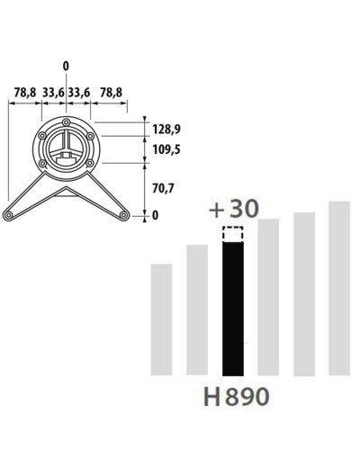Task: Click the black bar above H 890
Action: point(233,309)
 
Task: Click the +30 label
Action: point(233,209)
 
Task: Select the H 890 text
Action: point(236,396)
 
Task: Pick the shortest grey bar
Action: point(161,319)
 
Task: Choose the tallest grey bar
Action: point(339,288)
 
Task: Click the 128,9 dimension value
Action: point(166,130)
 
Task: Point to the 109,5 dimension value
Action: point(166,149)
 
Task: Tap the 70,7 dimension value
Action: point(163,188)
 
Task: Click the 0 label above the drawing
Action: point(66,66)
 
